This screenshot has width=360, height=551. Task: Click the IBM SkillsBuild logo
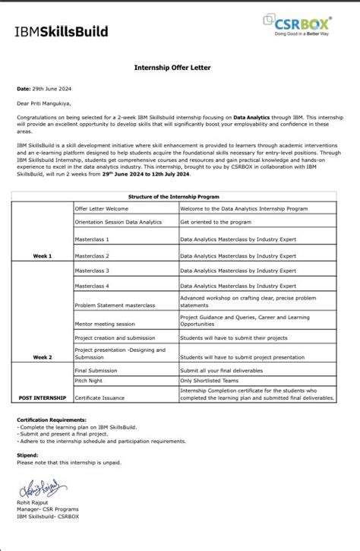[x=61, y=31]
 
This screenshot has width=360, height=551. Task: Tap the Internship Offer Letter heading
[x=172, y=68]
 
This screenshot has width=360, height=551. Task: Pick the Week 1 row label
[x=43, y=256]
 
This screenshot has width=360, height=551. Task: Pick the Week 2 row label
[x=43, y=356]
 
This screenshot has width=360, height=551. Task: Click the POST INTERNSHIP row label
[x=43, y=397]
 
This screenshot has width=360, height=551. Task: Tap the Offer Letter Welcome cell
[x=102, y=207]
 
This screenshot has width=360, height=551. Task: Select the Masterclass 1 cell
[x=92, y=239]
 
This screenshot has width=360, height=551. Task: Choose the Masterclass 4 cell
[x=92, y=285]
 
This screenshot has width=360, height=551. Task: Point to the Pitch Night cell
[x=89, y=379]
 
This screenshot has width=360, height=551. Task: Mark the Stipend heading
[x=27, y=454]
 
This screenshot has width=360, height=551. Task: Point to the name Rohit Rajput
[x=33, y=504]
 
